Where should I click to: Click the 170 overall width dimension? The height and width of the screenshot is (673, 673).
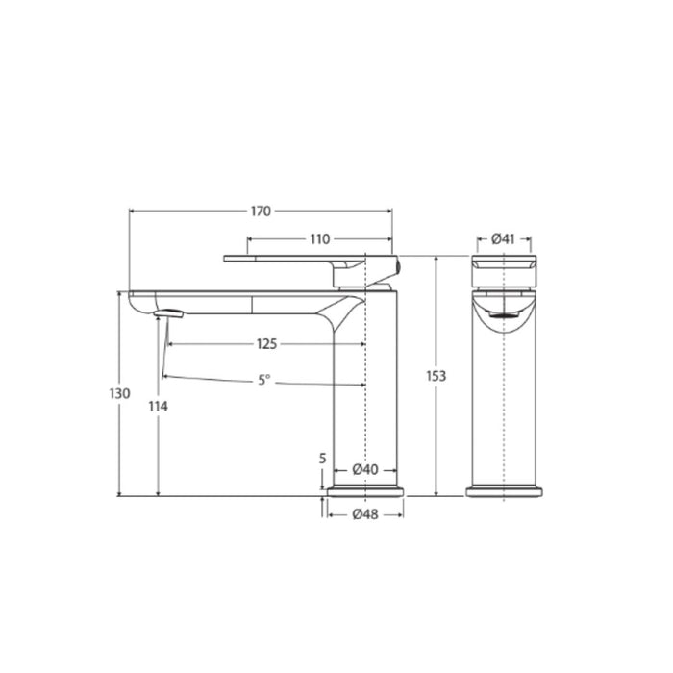tap(261, 211)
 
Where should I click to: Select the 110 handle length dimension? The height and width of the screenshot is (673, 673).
tap(319, 239)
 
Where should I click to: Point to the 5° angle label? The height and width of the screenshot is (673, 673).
tap(263, 381)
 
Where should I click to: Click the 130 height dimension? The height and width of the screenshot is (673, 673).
tap(119, 394)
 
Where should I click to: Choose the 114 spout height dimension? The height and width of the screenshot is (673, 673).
tap(159, 407)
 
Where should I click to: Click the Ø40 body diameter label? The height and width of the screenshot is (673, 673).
tap(364, 470)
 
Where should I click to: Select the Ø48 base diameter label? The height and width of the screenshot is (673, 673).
tap(364, 514)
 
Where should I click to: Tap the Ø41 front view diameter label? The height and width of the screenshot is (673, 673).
tap(504, 238)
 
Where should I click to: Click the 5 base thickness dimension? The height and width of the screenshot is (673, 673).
tap(323, 459)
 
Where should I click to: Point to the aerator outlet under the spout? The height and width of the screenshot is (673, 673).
tap(169, 312)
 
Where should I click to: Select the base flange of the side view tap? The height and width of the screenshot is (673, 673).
tap(365, 491)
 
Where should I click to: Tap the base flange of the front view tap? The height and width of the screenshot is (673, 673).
tap(504, 491)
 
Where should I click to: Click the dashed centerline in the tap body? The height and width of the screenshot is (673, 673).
tap(366, 404)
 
